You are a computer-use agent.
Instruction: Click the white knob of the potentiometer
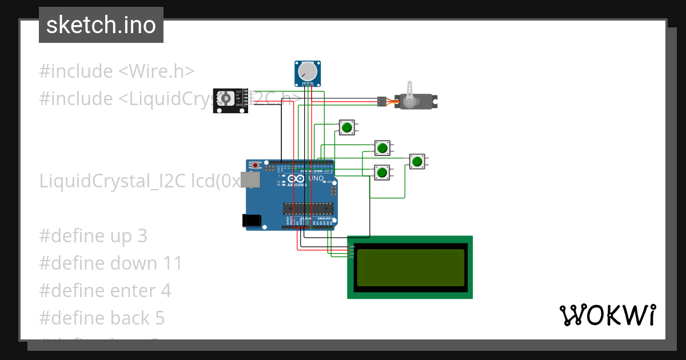point(308,71)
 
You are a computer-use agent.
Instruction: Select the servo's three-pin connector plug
point(381,101)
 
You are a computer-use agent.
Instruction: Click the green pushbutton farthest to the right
point(417,162)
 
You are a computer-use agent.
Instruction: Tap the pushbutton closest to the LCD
point(382,172)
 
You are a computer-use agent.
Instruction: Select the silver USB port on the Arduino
point(249,180)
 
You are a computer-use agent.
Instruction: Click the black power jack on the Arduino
point(252,220)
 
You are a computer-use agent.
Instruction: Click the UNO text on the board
point(316,178)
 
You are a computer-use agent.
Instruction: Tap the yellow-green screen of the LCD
point(410,267)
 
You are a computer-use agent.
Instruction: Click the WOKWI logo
point(607,315)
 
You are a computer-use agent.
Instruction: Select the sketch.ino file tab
point(101,25)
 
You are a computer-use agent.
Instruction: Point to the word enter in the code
point(131,291)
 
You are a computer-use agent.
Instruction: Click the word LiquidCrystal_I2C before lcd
point(113,181)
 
